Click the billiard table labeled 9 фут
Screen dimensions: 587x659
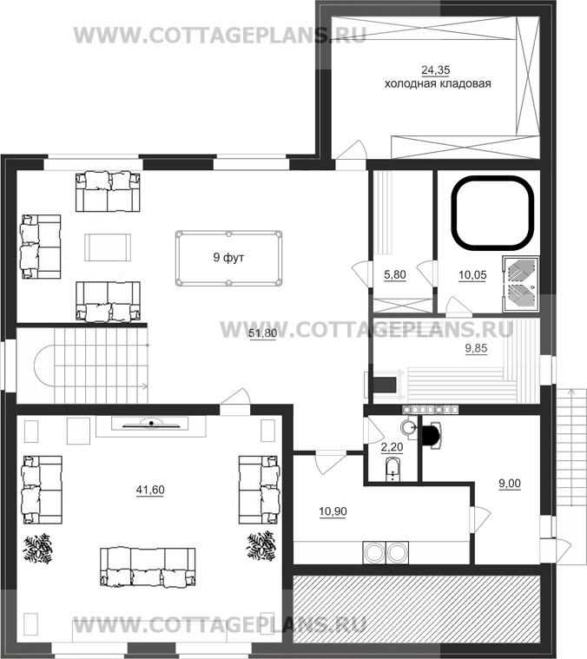pos(228,258)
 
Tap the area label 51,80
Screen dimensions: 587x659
pos(262,333)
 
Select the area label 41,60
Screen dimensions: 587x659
pos(150,490)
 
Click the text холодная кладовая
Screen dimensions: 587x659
pos(438,83)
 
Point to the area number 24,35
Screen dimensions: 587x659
pos(435,69)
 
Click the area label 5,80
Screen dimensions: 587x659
pos(395,275)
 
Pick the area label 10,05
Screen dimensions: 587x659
pos(472,275)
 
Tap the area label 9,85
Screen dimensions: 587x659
pos(476,348)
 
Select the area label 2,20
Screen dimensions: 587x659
pos(392,447)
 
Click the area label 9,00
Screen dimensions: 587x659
pos(509,484)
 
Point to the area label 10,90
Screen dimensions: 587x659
pos(333,511)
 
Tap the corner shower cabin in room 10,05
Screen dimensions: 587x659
pos(521,284)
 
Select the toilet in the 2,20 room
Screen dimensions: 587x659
pos(392,470)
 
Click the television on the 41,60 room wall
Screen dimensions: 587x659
pos(151,424)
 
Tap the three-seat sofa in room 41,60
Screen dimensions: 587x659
pos(148,567)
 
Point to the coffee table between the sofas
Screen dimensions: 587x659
pos(108,247)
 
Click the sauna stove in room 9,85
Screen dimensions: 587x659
pos(383,384)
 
